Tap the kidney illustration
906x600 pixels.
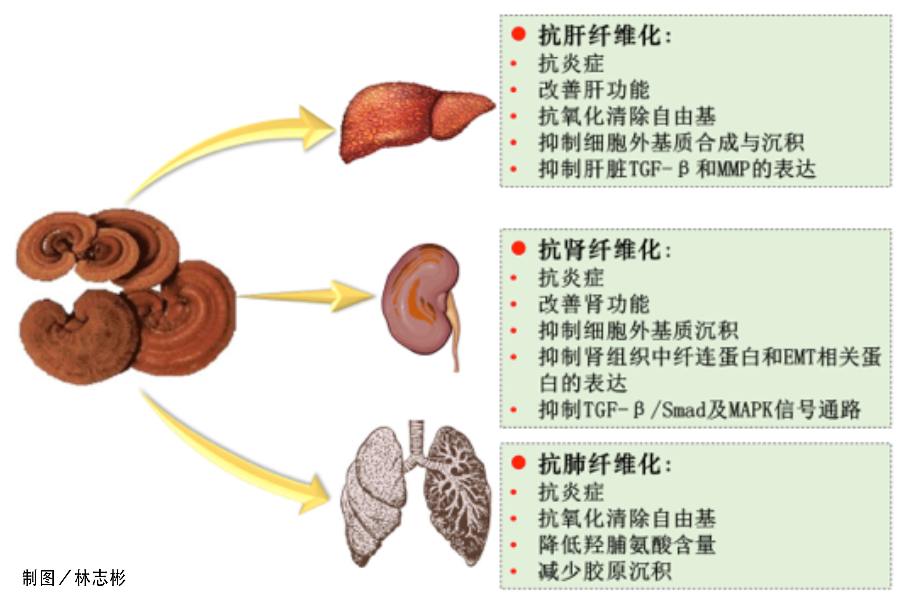point(421,301)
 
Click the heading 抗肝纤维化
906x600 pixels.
point(605,35)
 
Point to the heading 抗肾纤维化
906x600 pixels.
point(605,249)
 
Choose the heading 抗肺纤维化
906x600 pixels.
point(605,464)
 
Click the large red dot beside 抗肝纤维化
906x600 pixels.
point(519,34)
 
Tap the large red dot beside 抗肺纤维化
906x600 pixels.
point(519,462)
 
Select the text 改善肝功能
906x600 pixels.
point(594,90)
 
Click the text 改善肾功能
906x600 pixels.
point(594,304)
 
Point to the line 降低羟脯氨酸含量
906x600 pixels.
point(627,545)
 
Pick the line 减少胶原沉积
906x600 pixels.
point(605,571)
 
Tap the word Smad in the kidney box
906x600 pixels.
point(683,410)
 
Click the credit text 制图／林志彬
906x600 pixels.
point(74,578)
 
